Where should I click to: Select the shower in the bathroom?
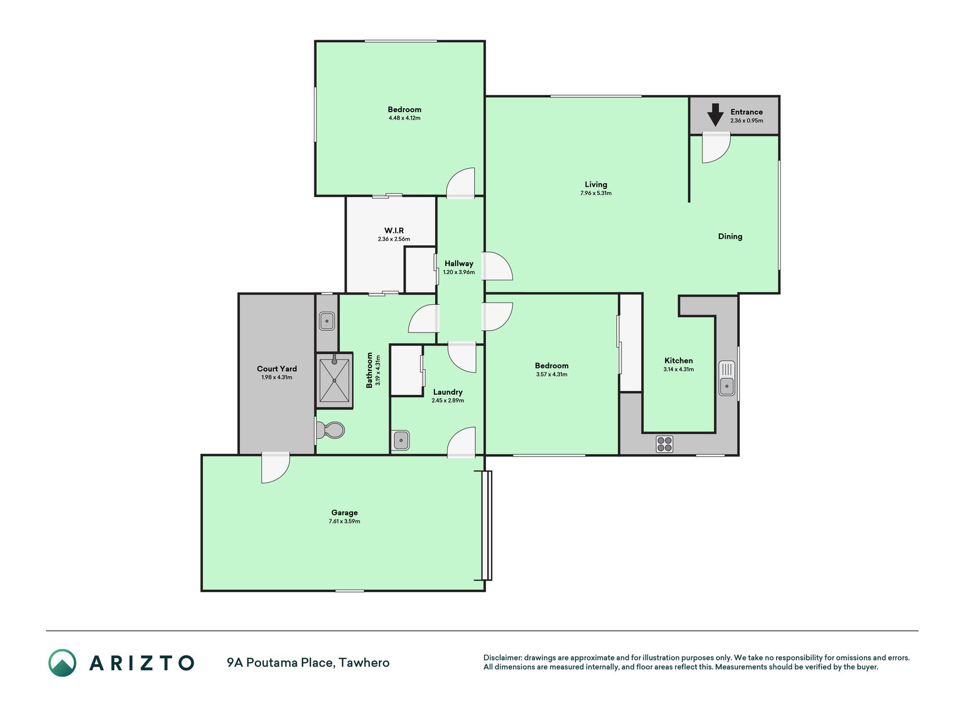click(x=334, y=380)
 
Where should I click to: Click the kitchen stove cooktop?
click(x=664, y=444)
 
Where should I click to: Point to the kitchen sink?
click(x=727, y=378)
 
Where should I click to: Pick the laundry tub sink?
click(x=401, y=440)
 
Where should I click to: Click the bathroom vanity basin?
click(x=327, y=321)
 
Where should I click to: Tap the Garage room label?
click(x=344, y=513)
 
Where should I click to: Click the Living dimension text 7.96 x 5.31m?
click(x=596, y=193)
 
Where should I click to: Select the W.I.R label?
click(x=394, y=231)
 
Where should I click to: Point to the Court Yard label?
click(x=277, y=369)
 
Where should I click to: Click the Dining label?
click(x=730, y=237)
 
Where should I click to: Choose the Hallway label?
click(x=459, y=263)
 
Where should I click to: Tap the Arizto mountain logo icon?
click(x=62, y=663)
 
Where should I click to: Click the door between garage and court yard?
click(x=276, y=468)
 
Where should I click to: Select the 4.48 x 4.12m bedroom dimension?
click(x=404, y=118)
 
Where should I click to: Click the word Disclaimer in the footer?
click(x=502, y=658)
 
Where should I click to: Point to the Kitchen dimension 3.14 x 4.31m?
click(x=679, y=369)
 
